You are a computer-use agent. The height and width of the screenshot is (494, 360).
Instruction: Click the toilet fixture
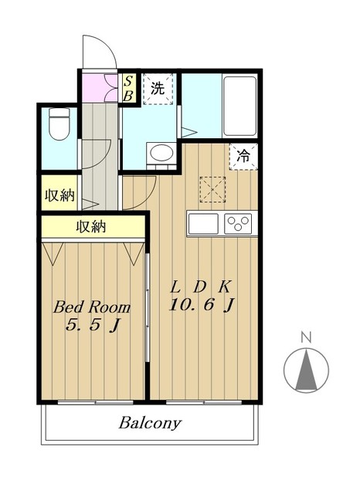click(x=59, y=123)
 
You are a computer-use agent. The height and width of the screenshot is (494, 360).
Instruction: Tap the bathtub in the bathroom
click(x=239, y=106)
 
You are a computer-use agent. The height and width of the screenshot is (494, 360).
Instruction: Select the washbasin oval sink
click(x=161, y=153)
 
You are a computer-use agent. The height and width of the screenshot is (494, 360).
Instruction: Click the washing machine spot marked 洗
click(x=158, y=89)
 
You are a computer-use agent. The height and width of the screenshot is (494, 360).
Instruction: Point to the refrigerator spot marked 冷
click(x=243, y=157)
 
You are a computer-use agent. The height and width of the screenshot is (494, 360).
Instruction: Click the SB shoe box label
click(x=128, y=88)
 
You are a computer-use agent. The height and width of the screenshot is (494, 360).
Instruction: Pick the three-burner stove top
click(x=238, y=224)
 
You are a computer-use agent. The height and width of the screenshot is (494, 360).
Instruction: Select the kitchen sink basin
click(x=203, y=224)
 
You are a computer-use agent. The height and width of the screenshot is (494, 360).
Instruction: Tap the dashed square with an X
click(x=212, y=189)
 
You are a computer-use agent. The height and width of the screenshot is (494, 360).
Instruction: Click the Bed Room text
click(x=92, y=307)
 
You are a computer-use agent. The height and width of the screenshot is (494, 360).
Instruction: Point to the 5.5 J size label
click(x=93, y=325)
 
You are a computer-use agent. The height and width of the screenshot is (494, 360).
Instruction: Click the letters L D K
click(x=201, y=286)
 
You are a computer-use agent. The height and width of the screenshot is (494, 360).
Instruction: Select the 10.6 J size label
click(x=202, y=305)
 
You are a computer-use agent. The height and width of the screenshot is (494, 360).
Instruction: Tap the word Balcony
click(x=150, y=423)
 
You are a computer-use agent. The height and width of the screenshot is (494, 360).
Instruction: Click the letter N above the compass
click(x=306, y=337)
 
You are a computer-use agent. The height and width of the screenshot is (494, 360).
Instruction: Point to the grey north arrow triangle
click(x=306, y=370)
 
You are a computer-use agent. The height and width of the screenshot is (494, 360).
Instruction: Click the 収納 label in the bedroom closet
click(x=91, y=227)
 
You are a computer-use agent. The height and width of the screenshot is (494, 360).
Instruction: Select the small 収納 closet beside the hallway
click(x=59, y=193)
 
